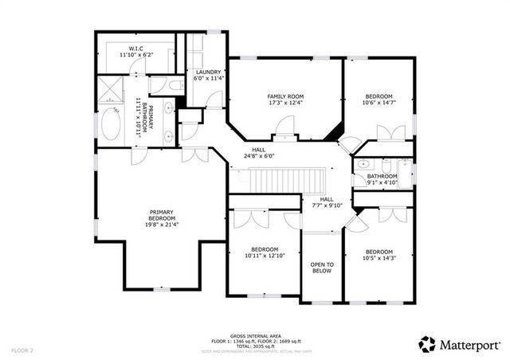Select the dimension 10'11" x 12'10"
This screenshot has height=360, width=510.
tap(265, 255)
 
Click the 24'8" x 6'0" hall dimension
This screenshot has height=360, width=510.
tap(259, 156)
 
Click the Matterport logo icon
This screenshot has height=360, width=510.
tap(426, 344)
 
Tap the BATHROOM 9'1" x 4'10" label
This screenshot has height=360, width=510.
tap(382, 178)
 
